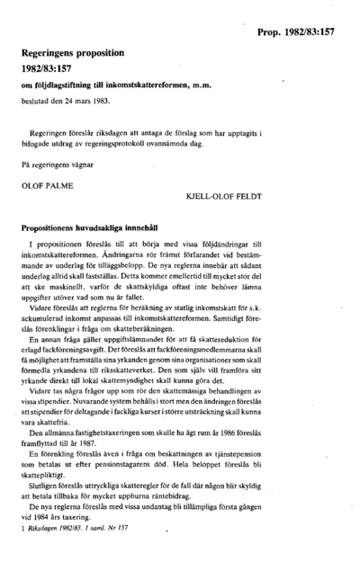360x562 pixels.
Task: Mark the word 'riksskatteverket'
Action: pyautogui.click(x=180, y=397)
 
